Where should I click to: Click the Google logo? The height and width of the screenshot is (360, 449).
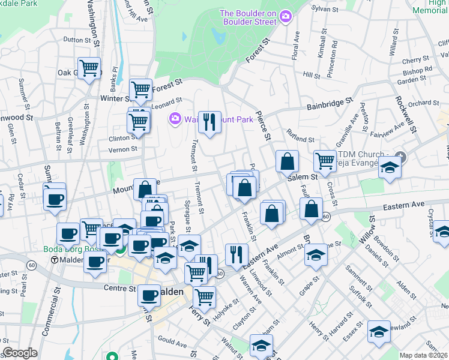click(20, 353)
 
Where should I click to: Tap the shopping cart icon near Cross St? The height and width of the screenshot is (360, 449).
click(325, 160)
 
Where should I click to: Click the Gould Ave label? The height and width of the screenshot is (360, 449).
click(173, 342)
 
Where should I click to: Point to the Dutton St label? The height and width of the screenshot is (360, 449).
click(76, 40)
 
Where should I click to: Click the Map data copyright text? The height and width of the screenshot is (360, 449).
click(424, 355)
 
